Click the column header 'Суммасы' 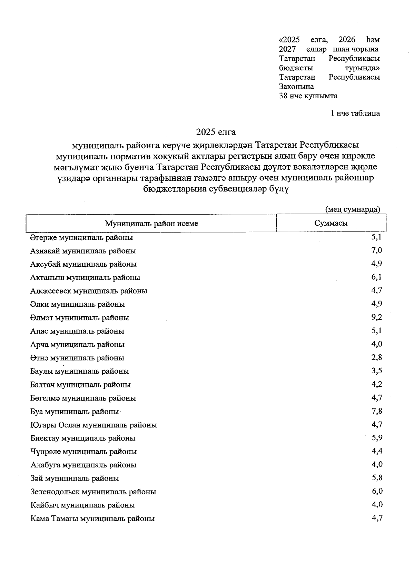331,223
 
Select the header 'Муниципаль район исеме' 151,224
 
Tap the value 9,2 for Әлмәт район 377,317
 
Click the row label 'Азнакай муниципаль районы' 83,251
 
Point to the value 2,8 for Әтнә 377,357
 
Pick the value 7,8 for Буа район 377,411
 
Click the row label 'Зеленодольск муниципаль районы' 93,492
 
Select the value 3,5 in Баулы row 377,371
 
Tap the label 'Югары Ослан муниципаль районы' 93,425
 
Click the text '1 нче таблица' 355,113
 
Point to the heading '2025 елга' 216,132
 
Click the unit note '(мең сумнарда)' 353,209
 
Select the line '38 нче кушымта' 308,96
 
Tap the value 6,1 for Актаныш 377,277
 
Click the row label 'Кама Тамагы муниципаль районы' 92,518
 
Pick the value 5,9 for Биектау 377,438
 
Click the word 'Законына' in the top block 296,87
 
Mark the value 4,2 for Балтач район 377,384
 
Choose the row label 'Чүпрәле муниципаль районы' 83,451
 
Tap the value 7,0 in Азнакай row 377,250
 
